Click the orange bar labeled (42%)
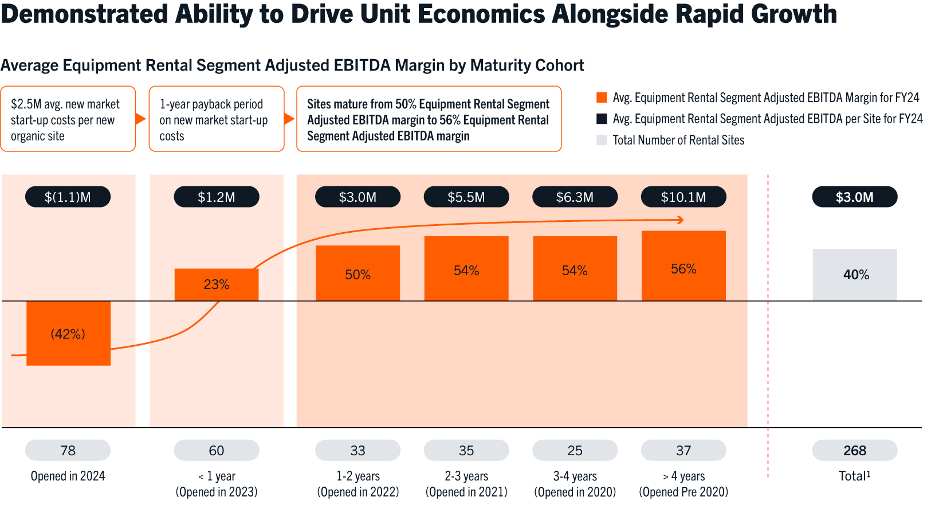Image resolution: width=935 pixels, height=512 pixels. click(68, 333)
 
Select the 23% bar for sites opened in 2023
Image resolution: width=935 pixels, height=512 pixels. click(217, 284)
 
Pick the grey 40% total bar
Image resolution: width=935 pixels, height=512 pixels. click(854, 275)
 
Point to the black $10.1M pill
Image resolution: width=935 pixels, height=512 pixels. click(683, 197)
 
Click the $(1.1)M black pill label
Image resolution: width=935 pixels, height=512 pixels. click(68, 197)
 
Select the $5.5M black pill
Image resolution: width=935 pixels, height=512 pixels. click(466, 197)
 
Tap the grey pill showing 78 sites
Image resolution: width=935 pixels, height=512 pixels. click(68, 451)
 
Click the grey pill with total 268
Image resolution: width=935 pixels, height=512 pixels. click(854, 451)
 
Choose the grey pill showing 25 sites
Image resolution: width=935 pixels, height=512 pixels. click(575, 451)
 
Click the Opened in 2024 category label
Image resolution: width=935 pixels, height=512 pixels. click(68, 476)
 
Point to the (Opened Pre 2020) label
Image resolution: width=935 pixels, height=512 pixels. click(683, 492)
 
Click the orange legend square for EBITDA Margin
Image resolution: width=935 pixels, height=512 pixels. click(602, 97)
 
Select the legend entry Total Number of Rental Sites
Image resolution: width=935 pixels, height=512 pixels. click(678, 140)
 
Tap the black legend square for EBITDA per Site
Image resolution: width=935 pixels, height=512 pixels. click(602, 119)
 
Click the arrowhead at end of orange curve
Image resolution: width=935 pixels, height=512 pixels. click(681, 220)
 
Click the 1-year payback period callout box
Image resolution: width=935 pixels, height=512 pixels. click(217, 119)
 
